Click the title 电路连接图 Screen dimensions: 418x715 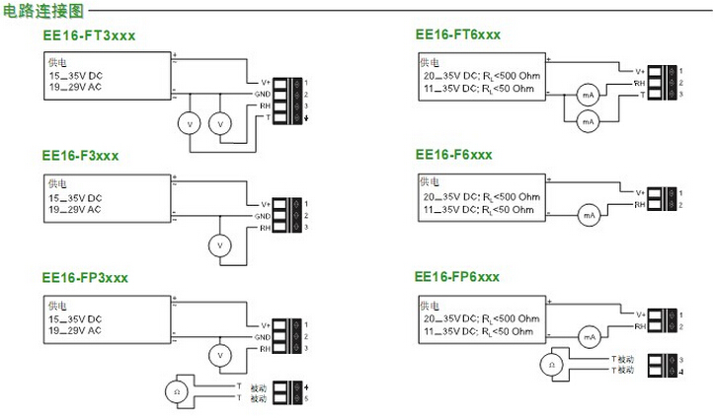click(42, 12)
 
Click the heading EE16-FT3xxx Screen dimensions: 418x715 click(88, 35)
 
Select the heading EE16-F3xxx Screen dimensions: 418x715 click(80, 156)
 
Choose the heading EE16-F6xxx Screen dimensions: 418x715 click(453, 155)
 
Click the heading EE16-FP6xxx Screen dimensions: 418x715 click(457, 276)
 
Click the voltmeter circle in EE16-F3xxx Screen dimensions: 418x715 click(222, 243)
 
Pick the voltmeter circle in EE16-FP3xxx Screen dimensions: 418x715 click(222, 354)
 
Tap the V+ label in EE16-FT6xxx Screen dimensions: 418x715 click(639, 70)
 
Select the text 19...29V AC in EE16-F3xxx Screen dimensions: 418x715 click(75, 209)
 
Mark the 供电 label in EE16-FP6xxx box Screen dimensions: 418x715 click(428, 303)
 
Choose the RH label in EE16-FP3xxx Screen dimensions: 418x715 click(265, 349)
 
